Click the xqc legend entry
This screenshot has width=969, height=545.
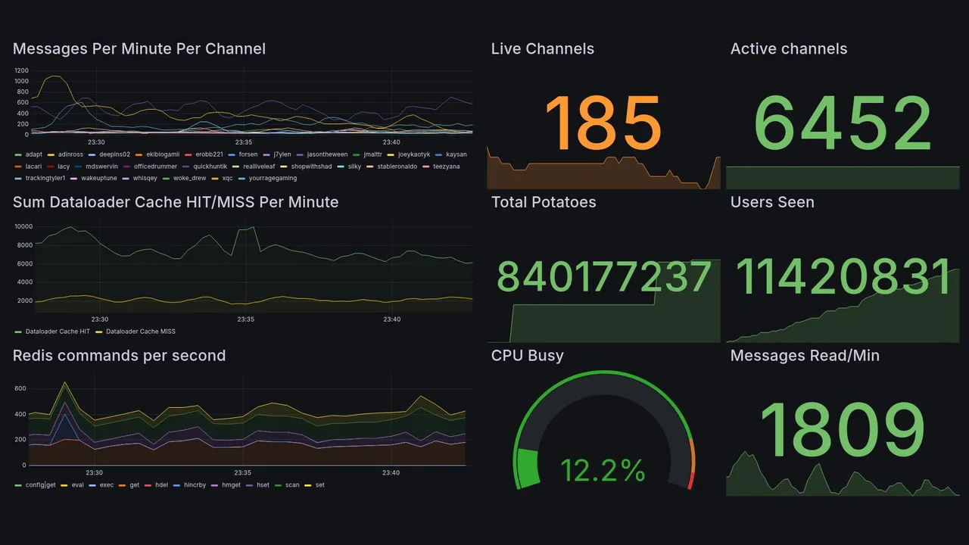coord(227,179)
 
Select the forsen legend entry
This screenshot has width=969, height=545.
coord(248,154)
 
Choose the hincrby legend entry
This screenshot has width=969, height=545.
coord(195,485)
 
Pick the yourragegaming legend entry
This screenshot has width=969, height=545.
coord(273,179)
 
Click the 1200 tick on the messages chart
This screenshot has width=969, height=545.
coord(21,70)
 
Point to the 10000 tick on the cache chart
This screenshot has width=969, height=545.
coord(23,226)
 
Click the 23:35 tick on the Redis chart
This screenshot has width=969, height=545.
coord(244,473)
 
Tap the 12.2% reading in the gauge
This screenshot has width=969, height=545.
coord(603,471)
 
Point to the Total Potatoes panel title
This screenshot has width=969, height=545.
coord(543,202)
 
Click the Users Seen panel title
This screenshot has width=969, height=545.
coord(772,202)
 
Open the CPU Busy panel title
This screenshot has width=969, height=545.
coord(527,356)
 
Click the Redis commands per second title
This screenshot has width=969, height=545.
coord(119,356)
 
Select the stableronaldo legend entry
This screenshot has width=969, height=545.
coord(397,167)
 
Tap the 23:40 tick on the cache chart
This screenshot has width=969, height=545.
coord(391,319)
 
